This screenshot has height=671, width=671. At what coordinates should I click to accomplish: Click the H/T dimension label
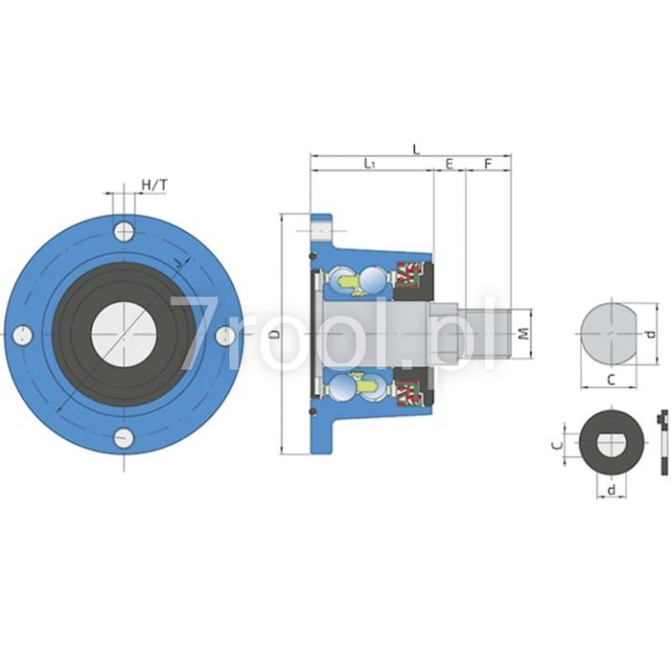click(x=154, y=185)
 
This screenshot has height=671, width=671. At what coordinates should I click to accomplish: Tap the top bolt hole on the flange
click(x=125, y=232)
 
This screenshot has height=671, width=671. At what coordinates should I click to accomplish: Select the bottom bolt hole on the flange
click(x=124, y=438)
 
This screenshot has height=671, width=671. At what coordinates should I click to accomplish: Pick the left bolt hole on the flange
click(x=22, y=335)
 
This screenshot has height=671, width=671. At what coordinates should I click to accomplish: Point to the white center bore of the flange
click(x=124, y=335)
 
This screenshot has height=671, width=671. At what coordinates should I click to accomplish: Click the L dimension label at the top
click(x=416, y=150)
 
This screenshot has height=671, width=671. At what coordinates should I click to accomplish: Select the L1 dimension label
click(x=369, y=163)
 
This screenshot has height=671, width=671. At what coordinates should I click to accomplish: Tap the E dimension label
click(x=450, y=163)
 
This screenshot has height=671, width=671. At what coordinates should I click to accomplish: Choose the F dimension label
click(x=488, y=163)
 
